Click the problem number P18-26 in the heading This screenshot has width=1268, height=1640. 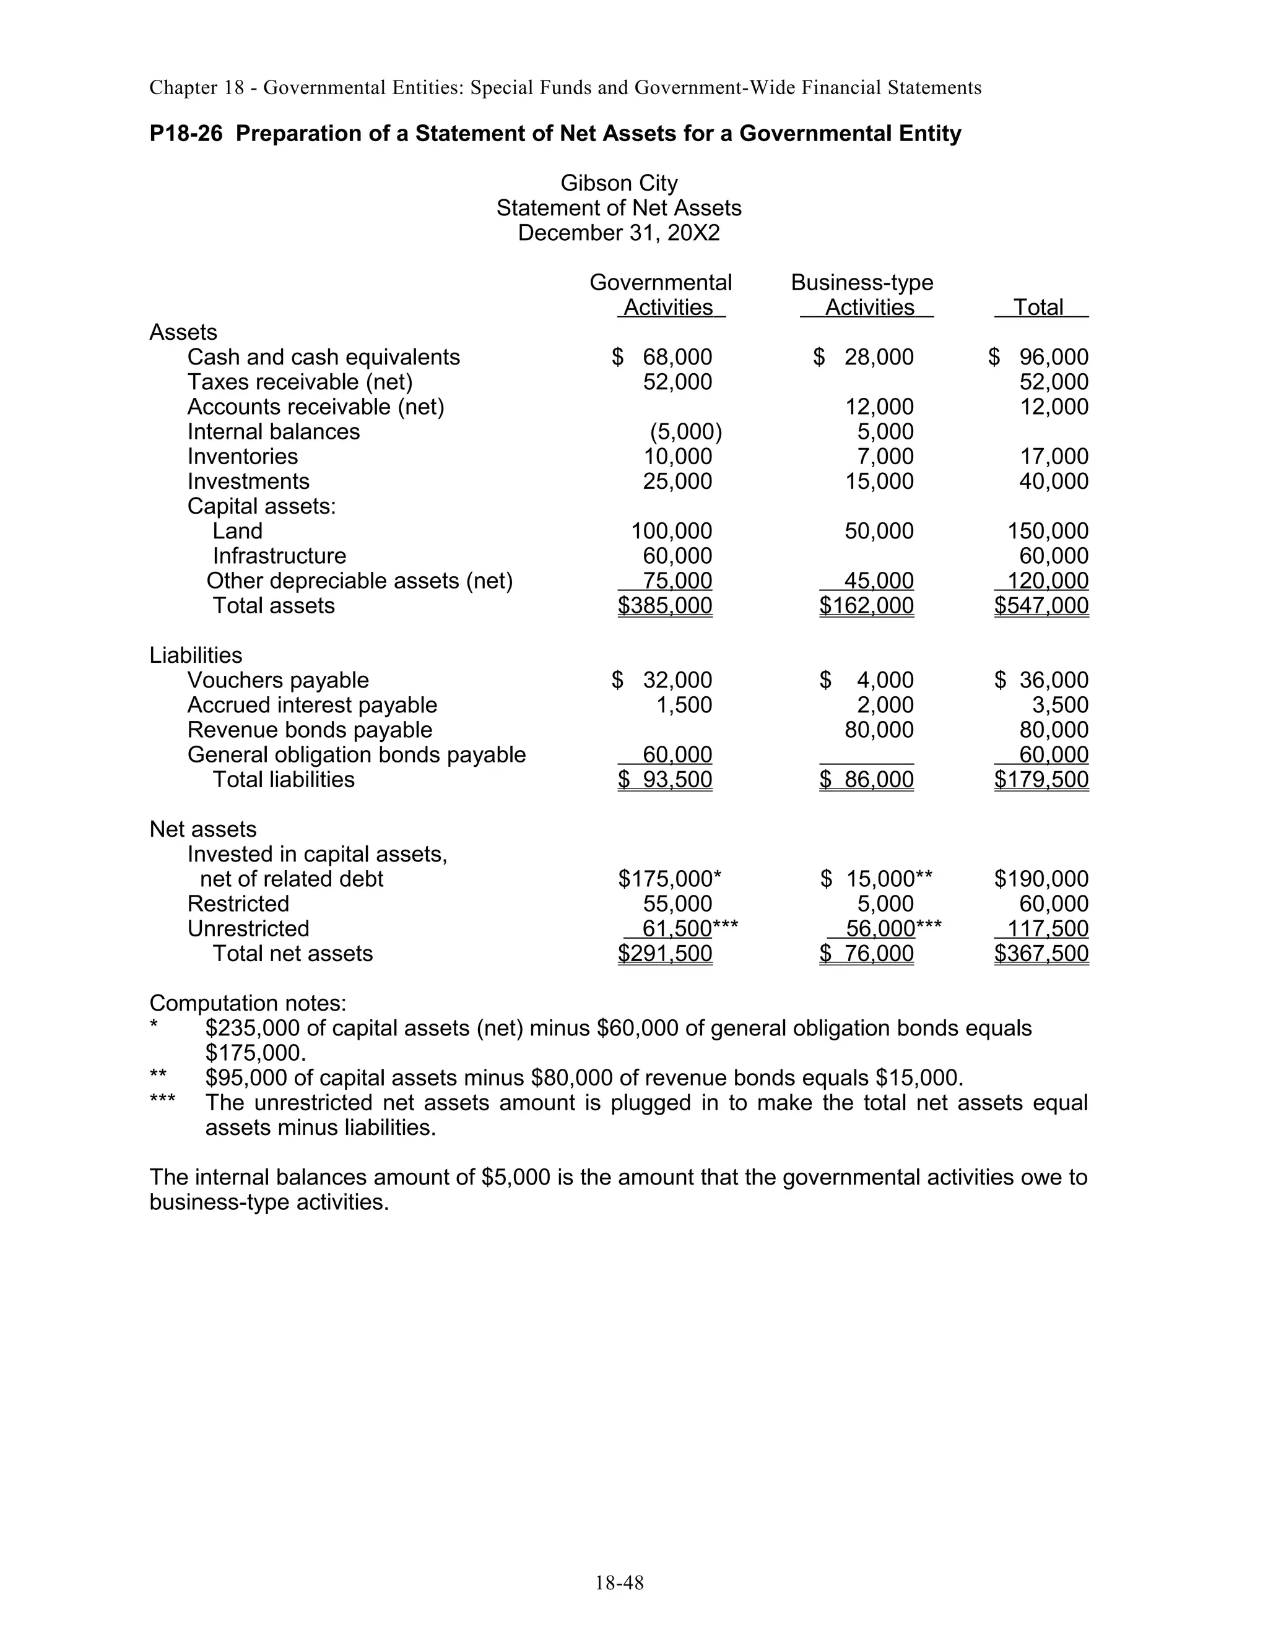point(186,134)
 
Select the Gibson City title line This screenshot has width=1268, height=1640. point(619,183)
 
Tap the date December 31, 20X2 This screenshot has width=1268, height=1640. point(619,233)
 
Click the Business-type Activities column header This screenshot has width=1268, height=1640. point(862,295)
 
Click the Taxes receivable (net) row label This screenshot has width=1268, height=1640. point(300,382)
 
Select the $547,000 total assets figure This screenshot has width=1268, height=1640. point(1041,606)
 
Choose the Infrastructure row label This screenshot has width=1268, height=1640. point(279,556)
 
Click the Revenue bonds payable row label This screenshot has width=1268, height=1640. point(310,730)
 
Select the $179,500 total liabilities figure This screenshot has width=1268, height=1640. point(1041,779)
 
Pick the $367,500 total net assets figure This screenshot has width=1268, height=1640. point(1041,954)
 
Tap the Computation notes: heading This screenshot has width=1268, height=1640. point(248,1003)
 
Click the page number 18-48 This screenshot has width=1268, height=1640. point(619,1583)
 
